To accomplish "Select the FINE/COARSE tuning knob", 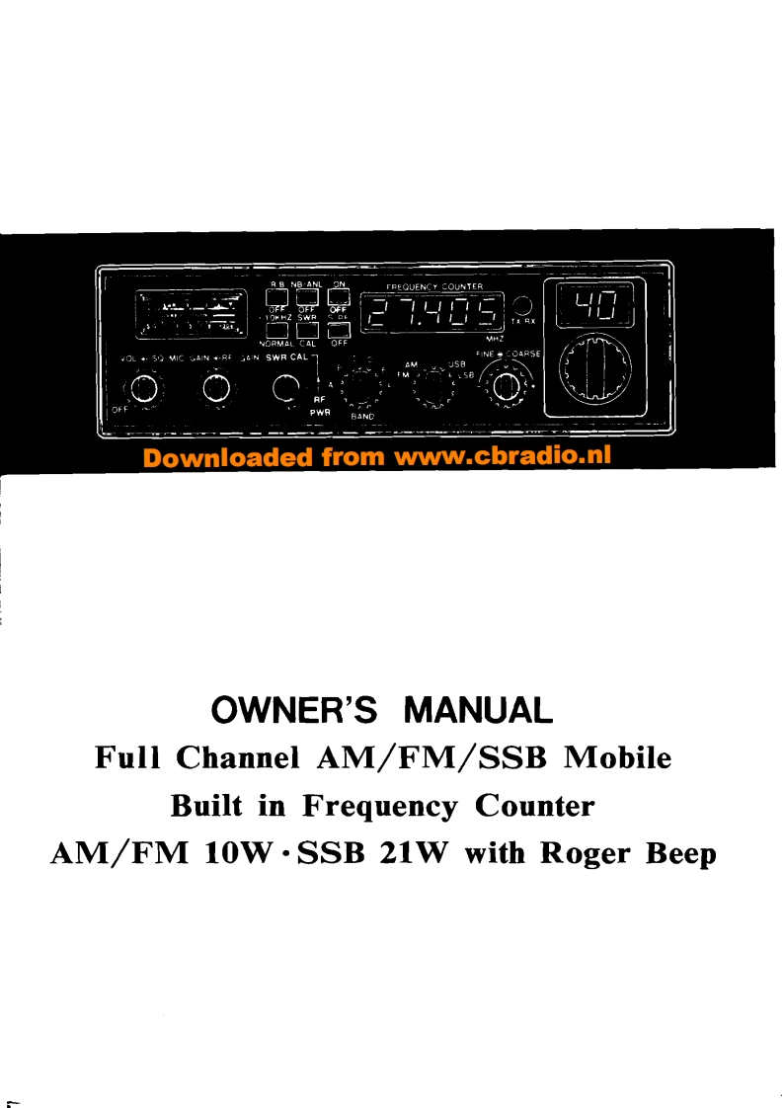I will click(x=506, y=383).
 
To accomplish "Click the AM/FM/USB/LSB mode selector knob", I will click(x=432, y=385).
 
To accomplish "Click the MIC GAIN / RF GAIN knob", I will click(x=215, y=386).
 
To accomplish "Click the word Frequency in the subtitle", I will click(x=379, y=806).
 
